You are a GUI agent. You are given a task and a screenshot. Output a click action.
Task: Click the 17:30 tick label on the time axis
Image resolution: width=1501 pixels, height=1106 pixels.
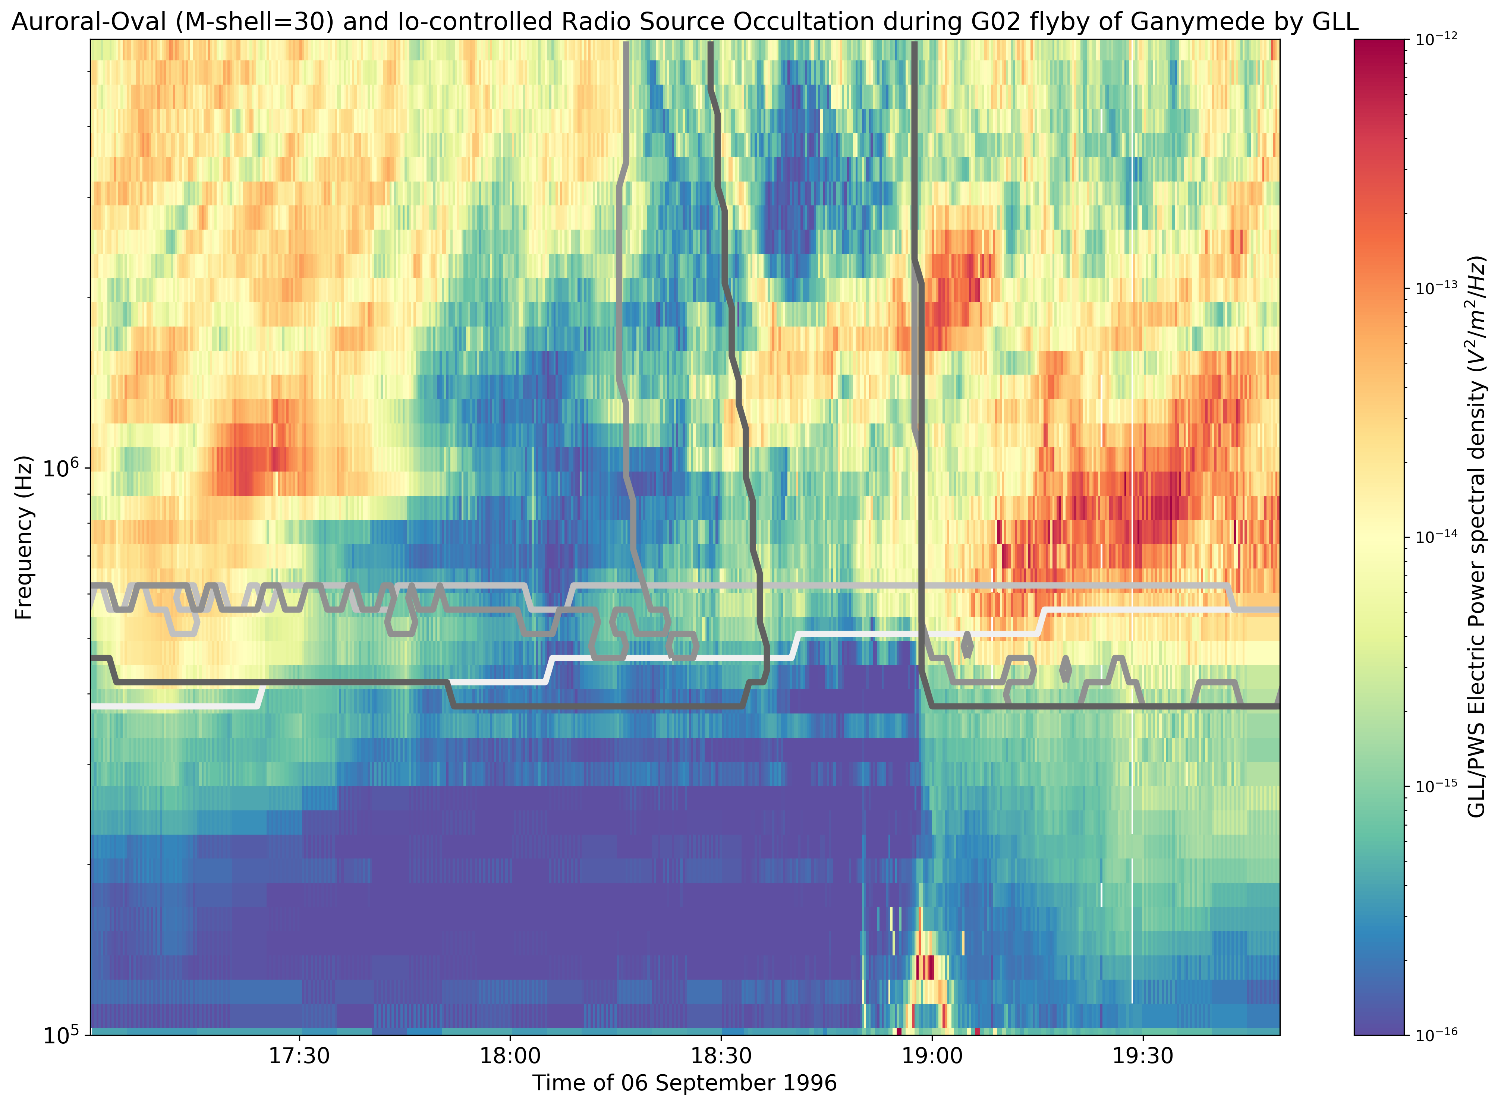coord(299,1056)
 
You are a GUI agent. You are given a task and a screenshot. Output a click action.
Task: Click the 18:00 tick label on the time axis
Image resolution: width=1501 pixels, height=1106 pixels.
coord(510,1056)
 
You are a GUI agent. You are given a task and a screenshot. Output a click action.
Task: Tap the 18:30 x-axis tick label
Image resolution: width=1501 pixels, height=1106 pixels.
coord(721,1056)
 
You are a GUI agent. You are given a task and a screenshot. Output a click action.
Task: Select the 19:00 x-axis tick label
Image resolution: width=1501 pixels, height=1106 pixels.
coord(932,1056)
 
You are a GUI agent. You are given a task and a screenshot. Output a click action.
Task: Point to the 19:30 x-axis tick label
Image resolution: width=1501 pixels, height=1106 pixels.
coord(1143,1056)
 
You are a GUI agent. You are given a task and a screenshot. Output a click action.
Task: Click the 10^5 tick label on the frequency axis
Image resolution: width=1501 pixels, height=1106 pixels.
coord(62,1034)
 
